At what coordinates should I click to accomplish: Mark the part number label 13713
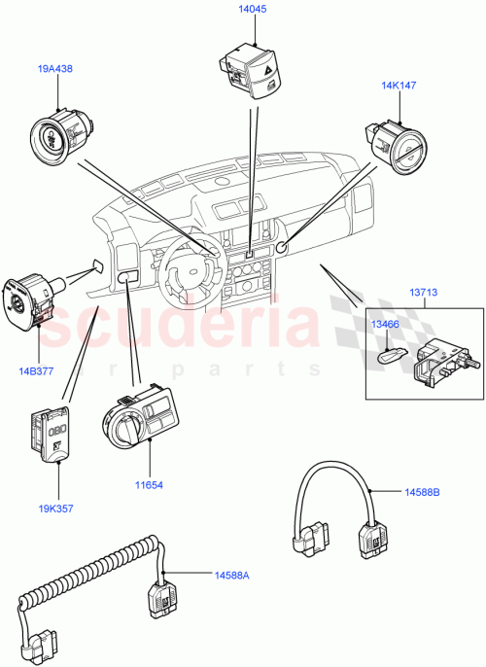tap(423, 289)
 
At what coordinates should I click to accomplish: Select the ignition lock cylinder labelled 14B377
tap(29, 297)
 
